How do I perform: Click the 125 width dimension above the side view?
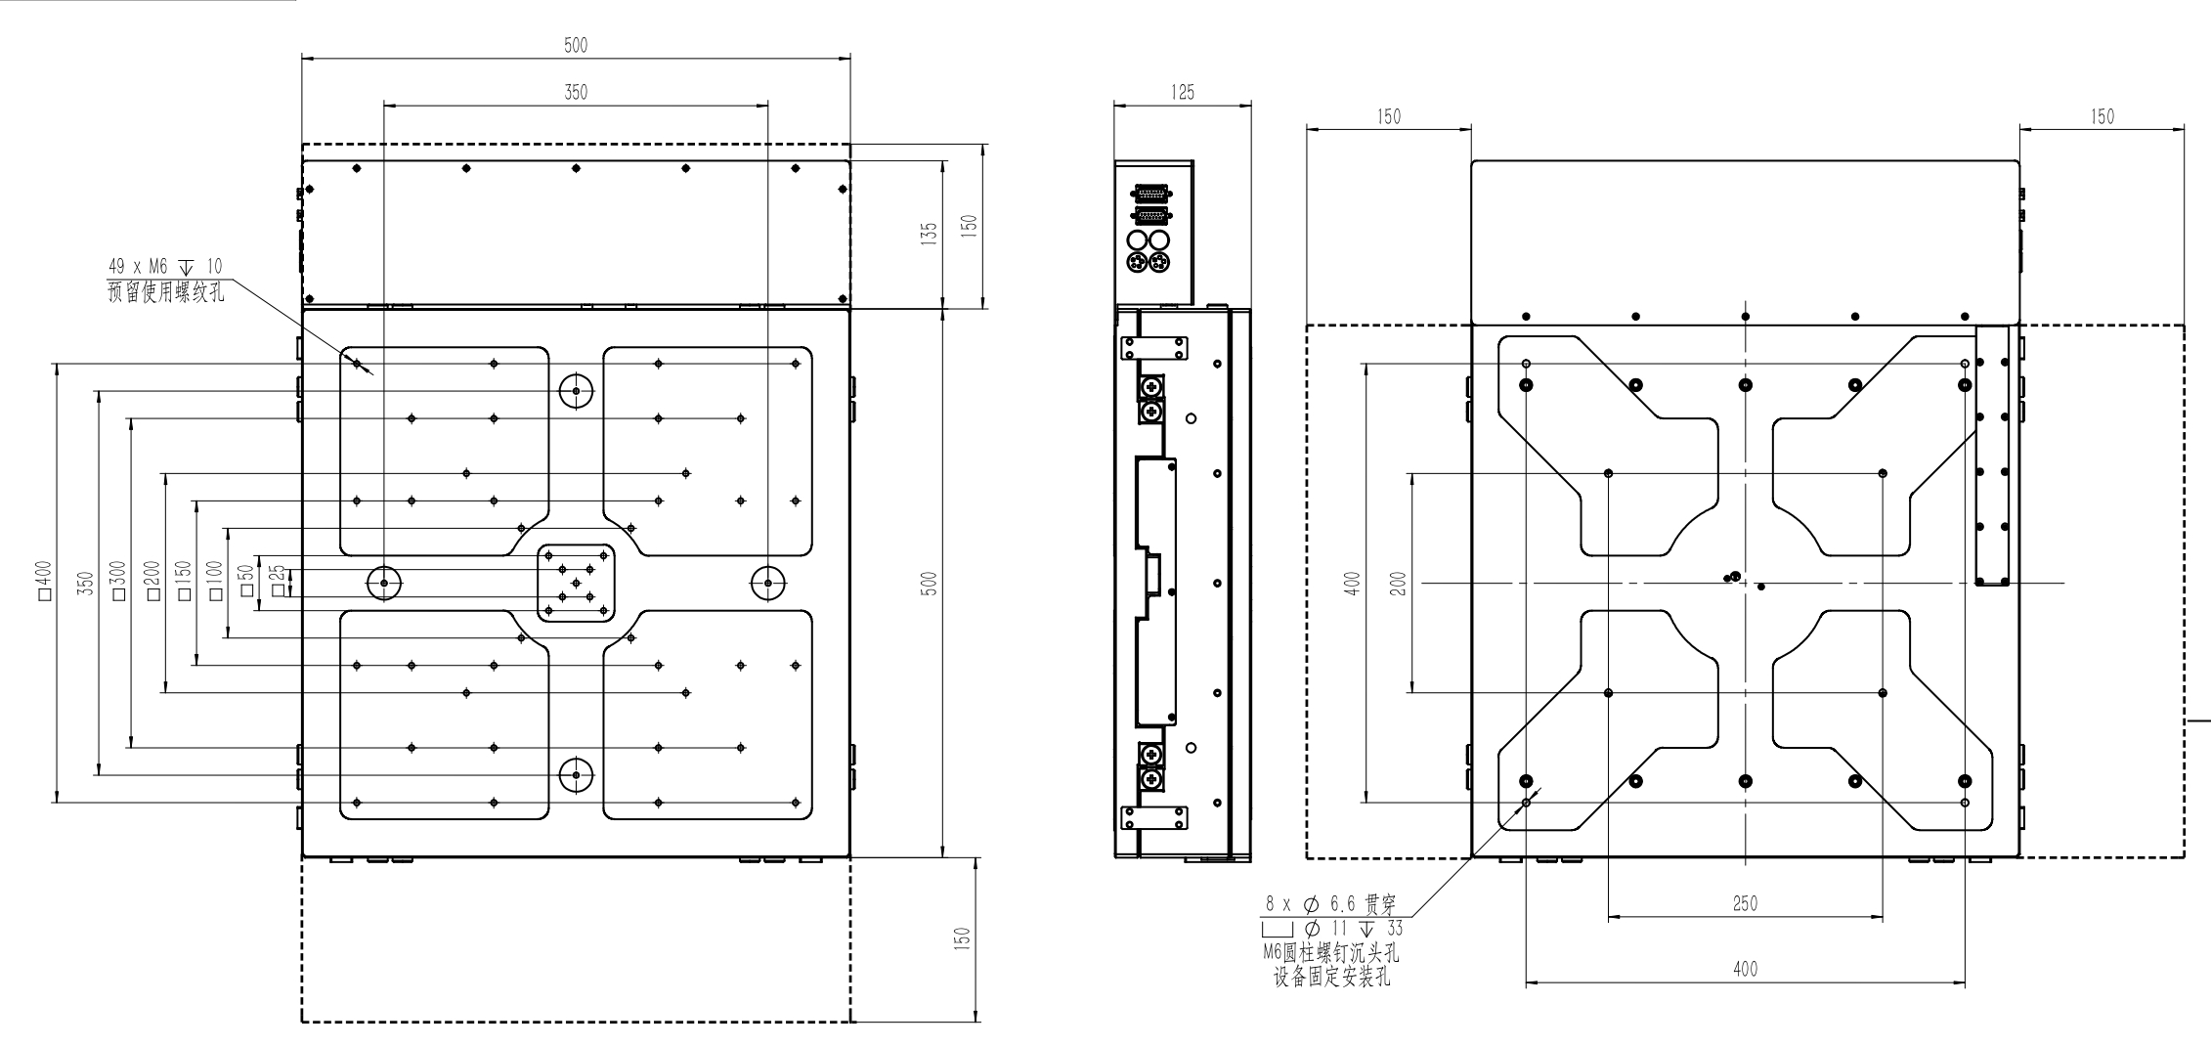point(1183,93)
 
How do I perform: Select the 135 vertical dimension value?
point(930,235)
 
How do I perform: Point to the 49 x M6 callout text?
point(165,267)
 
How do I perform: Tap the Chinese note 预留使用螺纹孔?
point(165,291)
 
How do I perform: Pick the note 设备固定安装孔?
point(1330,977)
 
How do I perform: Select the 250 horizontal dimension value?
point(1745,904)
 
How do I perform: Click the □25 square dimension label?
point(279,580)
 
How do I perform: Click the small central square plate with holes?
point(576,583)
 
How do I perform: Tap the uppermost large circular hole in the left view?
point(576,391)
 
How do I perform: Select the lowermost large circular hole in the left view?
point(576,775)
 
